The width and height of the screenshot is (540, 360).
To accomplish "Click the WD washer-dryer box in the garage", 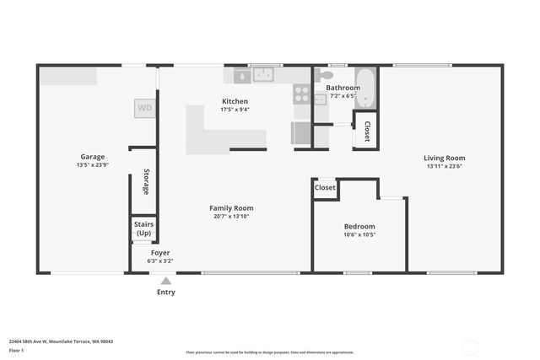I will (145, 108).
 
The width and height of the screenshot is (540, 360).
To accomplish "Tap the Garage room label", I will (92, 157).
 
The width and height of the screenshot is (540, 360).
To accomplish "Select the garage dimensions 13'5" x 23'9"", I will (92, 165).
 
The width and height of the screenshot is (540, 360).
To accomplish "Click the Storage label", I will (146, 182).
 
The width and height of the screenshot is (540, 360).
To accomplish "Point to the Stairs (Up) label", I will (143, 228).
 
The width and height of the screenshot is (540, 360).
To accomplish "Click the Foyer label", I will (160, 253).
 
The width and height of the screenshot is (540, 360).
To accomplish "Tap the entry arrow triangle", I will (166, 282).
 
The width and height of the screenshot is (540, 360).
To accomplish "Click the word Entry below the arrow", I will (166, 293).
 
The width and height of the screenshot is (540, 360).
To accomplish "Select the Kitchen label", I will (235, 101).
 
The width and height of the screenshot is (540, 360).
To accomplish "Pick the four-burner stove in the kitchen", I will (302, 93).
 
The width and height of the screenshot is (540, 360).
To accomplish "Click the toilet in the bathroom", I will (321, 99).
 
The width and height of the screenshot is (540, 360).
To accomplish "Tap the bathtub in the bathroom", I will (366, 87).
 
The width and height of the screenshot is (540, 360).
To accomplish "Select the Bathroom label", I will (343, 88).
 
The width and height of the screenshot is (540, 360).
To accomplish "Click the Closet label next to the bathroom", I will (367, 131).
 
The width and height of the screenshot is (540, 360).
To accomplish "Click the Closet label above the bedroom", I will (325, 188).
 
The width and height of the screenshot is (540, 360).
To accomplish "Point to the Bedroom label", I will (359, 227).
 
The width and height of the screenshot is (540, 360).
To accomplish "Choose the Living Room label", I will (445, 158).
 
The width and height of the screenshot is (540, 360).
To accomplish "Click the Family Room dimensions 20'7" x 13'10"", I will (231, 217).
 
